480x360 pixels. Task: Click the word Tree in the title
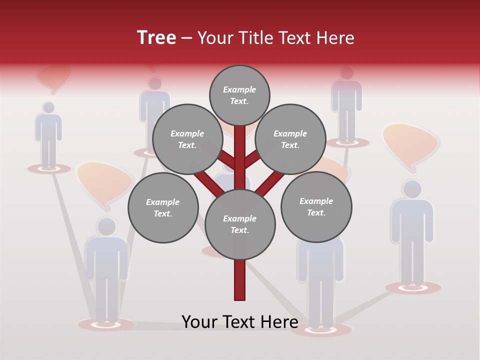click(x=156, y=38)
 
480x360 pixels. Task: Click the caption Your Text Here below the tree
click(x=240, y=322)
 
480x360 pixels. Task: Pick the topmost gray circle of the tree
click(x=239, y=95)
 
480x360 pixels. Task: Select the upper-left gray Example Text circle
click(x=187, y=139)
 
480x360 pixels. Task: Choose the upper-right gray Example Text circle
click(x=290, y=139)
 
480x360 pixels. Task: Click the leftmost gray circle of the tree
click(x=163, y=207)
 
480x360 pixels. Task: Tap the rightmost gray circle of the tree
click(x=316, y=206)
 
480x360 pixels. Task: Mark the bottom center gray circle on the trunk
click(x=240, y=224)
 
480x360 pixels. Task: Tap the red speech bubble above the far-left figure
click(x=54, y=77)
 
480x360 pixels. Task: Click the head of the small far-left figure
click(x=48, y=107)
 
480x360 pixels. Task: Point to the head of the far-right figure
click(x=412, y=189)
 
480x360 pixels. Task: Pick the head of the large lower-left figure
click(x=106, y=226)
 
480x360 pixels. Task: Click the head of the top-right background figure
click(x=346, y=73)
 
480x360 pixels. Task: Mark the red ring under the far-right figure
click(x=413, y=287)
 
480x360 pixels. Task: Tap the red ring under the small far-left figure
click(x=48, y=169)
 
